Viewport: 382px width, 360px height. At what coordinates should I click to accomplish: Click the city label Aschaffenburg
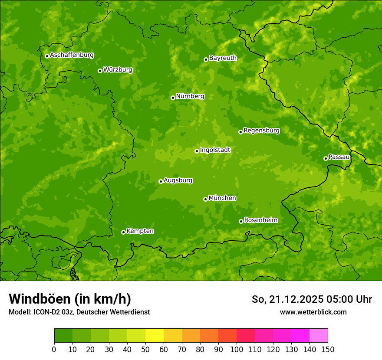[72, 55]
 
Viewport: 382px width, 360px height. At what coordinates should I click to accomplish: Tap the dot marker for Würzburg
[100, 71]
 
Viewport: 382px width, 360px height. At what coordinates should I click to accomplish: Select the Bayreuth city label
[223, 58]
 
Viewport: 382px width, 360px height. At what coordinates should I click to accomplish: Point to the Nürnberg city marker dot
[173, 98]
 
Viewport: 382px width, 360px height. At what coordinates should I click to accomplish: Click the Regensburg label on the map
[261, 130]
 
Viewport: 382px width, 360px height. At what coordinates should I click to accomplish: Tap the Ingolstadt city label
[215, 150]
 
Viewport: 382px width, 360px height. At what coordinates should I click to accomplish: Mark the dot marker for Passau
[326, 158]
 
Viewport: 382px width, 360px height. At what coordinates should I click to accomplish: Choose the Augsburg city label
[178, 180]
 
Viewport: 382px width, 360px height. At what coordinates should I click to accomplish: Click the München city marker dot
[205, 199]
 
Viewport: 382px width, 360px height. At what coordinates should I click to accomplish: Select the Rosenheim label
[260, 220]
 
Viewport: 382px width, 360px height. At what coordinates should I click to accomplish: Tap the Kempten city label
[140, 231]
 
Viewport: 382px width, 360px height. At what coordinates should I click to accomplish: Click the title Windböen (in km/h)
[70, 299]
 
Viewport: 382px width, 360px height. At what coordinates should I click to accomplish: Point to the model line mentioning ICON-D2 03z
[79, 312]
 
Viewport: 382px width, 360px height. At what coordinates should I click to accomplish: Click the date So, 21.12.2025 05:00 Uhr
[312, 299]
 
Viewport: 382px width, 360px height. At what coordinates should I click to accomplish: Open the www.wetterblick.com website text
[313, 312]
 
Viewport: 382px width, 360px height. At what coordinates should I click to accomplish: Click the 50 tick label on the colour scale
[145, 349]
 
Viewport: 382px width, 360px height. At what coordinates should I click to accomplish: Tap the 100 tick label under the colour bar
[237, 349]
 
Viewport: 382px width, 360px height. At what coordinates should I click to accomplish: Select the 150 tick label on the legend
[328, 349]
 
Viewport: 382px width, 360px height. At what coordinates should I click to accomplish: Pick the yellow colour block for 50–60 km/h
[155, 336]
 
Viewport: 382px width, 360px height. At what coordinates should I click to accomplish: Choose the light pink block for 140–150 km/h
[319, 336]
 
